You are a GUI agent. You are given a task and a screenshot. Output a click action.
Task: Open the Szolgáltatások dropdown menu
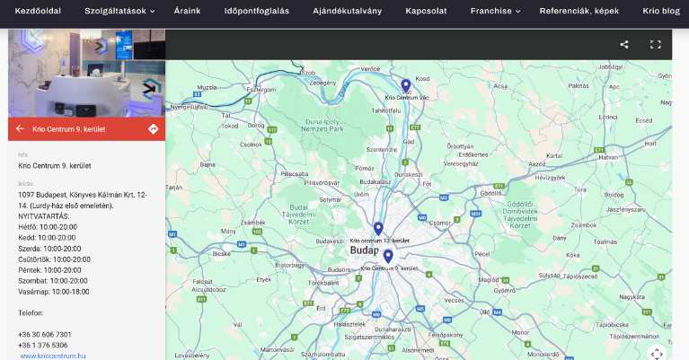(119, 12)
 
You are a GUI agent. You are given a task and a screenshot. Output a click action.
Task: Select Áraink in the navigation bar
(186, 12)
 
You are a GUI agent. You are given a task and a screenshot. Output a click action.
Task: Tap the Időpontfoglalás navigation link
(256, 12)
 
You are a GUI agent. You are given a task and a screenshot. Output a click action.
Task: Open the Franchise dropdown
(495, 12)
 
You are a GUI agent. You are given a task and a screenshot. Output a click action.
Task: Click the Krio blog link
(662, 12)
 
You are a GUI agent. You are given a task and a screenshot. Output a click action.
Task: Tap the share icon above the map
(624, 44)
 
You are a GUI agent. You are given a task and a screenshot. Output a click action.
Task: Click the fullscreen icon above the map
(655, 44)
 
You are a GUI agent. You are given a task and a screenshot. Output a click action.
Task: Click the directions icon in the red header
(153, 129)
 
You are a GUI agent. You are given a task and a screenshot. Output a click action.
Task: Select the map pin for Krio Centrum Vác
(406, 85)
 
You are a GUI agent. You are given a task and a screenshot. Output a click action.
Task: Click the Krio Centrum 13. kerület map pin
(378, 229)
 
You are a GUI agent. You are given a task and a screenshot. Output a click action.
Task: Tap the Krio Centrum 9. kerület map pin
(388, 257)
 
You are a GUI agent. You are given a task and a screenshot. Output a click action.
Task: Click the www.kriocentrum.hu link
(52, 356)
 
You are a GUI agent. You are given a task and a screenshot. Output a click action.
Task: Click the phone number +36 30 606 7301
(45, 334)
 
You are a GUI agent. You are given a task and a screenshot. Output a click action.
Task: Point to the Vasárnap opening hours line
(54, 291)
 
